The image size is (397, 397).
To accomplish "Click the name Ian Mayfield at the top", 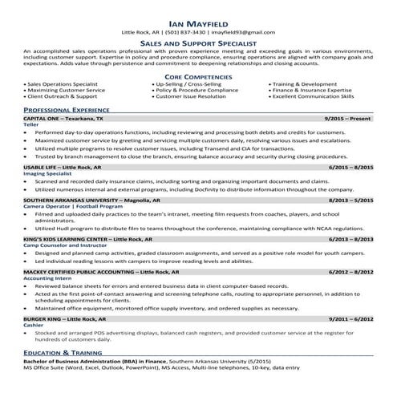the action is tap(198, 21).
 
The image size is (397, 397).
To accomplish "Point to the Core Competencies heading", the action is tap(198, 76).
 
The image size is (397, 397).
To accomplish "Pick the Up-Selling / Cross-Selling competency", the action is tap(187, 84).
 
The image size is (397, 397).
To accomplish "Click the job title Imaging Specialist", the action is tap(47, 174).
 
